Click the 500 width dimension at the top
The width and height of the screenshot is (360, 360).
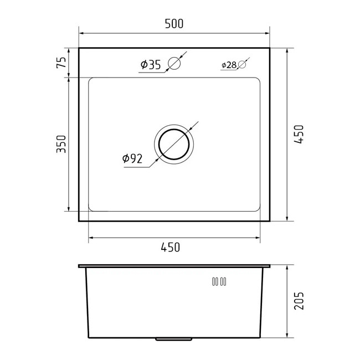174,24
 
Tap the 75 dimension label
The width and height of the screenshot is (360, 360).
61,62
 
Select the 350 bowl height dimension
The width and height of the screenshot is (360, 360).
61,144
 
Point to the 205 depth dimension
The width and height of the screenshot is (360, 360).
299,301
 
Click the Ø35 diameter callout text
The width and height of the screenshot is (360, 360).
151,64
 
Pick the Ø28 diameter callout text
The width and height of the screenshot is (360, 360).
229,65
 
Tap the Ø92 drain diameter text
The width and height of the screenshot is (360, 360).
132,158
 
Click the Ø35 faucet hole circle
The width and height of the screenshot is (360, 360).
174,63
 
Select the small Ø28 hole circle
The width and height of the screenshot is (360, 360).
242,65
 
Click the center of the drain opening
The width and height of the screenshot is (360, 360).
174,145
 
